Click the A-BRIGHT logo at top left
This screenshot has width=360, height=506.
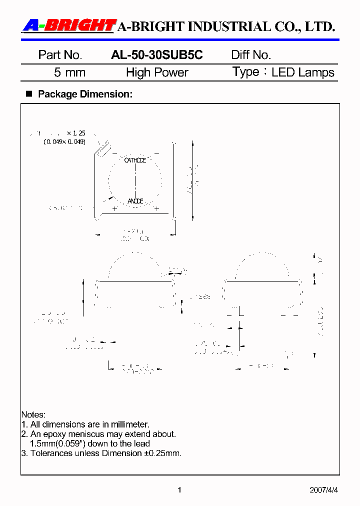click(69, 25)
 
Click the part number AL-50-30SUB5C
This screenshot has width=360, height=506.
click(156, 55)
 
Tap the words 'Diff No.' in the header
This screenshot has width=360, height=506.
click(251, 55)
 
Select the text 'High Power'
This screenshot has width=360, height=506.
click(157, 72)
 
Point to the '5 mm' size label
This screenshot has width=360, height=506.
click(69, 72)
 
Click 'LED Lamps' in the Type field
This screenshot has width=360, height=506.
click(302, 72)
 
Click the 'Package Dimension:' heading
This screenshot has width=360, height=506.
click(85, 94)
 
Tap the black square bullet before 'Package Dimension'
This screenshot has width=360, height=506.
click(28, 94)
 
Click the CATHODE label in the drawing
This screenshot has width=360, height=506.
click(135, 160)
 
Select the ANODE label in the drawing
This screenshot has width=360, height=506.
click(135, 201)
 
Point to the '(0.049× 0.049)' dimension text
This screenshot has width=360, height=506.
click(64, 142)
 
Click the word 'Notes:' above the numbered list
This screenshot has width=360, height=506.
click(33, 415)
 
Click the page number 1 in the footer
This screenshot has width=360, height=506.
click(179, 490)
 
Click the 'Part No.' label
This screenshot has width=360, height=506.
click(60, 55)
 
